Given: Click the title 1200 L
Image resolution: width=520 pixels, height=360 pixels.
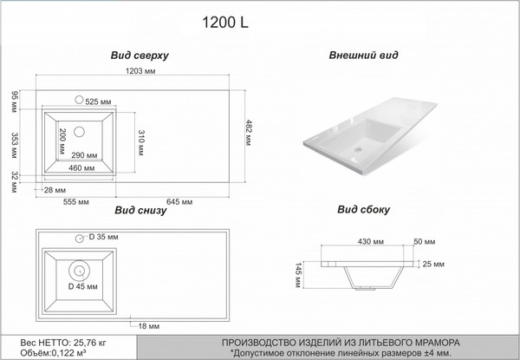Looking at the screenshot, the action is (x=224, y=23).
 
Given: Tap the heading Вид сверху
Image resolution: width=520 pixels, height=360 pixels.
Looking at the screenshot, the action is (x=140, y=56).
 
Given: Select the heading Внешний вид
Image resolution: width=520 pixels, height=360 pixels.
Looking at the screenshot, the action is (x=363, y=55).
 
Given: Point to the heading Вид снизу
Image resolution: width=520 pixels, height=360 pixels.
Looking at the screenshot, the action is (x=140, y=210).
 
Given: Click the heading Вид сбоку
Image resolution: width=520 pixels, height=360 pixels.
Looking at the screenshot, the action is (x=363, y=209).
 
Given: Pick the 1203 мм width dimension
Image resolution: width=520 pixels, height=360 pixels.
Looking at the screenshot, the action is (x=140, y=71).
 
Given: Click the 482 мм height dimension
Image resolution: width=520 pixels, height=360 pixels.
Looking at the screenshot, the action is (x=249, y=133).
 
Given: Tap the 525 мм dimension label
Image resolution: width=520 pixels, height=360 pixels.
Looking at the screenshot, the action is (x=98, y=101).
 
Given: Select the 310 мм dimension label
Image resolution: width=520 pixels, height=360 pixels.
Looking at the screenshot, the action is (x=140, y=142).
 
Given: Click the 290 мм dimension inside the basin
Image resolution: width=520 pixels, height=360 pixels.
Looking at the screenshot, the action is (x=85, y=155).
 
